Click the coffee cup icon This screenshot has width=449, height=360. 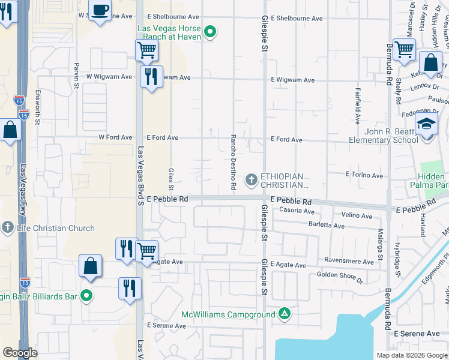pyautogui.click(x=101, y=10)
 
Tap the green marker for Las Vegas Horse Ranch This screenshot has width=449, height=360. pyautogui.click(x=209, y=32)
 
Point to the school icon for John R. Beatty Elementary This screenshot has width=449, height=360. pyautogui.click(x=427, y=125)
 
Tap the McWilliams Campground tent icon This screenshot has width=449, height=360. pyautogui.click(x=285, y=314)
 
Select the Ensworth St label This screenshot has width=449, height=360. pyautogui.click(x=38, y=107)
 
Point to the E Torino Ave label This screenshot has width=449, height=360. pyautogui.click(x=364, y=175)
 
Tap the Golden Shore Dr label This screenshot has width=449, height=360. pyautogui.click(x=340, y=276)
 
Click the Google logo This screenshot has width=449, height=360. pyautogui.click(x=20, y=353)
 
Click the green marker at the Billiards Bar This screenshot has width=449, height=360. pyautogui.click(x=87, y=295)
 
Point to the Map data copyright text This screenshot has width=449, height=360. pyautogui.click(x=411, y=355)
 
